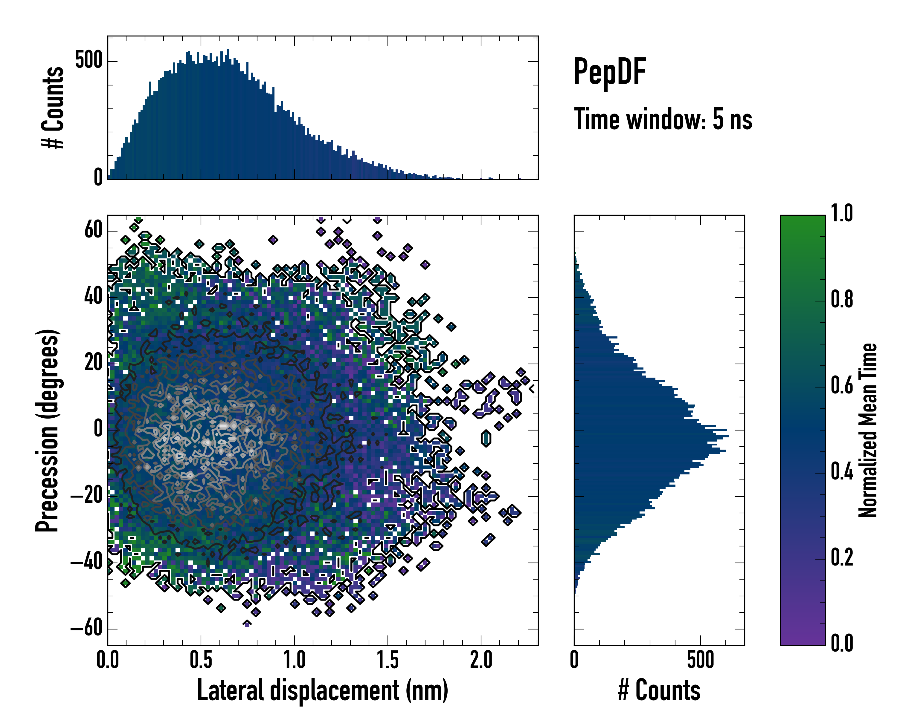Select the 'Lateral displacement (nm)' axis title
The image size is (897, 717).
(x=322, y=690)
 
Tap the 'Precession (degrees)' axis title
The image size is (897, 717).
(x=48, y=430)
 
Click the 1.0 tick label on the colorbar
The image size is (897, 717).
(x=842, y=214)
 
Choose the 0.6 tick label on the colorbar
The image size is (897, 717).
(x=842, y=385)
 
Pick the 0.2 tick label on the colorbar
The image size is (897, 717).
(x=842, y=557)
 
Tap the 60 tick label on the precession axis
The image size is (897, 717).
(x=93, y=229)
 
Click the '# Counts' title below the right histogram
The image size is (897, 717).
(x=659, y=690)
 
